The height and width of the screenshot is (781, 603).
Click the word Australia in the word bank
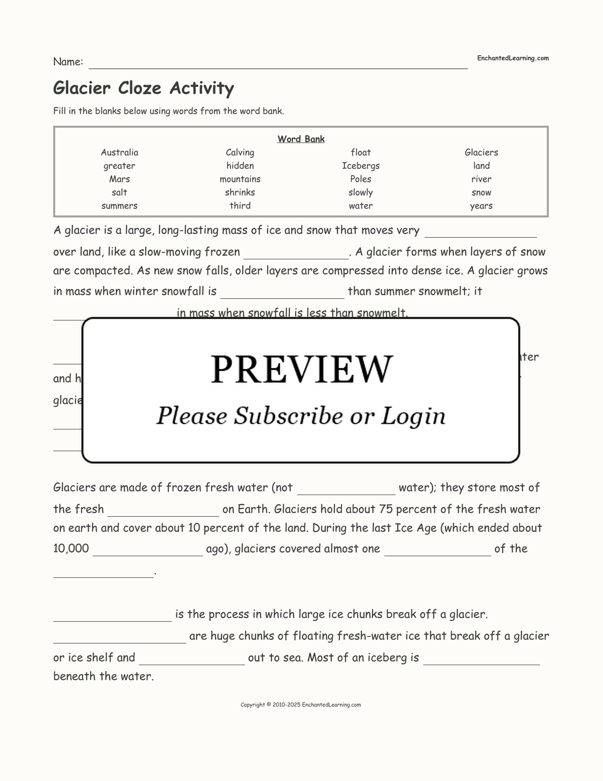(119, 152)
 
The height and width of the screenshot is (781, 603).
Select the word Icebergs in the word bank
(361, 166)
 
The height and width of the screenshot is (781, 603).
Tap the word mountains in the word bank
(240, 179)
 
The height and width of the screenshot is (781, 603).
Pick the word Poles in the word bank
(361, 179)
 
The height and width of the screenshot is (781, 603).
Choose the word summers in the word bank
(119, 206)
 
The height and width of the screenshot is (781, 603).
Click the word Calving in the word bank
(240, 152)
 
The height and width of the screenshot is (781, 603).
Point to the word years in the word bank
(481, 206)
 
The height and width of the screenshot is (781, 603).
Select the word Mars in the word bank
(119, 179)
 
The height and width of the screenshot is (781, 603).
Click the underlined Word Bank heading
(301, 139)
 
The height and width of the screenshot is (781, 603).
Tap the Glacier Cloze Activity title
(143, 88)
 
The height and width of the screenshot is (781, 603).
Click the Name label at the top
(68, 62)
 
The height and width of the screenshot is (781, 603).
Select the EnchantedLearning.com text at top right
(512, 58)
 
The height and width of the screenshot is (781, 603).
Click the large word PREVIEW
(301, 369)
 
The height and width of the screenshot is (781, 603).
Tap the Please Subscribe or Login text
(301, 416)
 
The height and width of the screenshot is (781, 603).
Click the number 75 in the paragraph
(385, 509)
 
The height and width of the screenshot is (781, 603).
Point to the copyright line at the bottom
(301, 705)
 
